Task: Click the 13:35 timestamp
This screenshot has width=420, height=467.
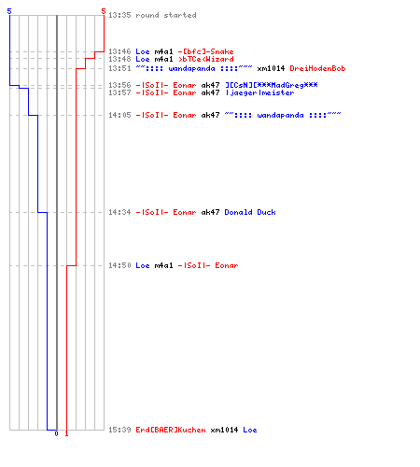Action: [x=119, y=15]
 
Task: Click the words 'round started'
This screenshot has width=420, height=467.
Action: [x=166, y=15]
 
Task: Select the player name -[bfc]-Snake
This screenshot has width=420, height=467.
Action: [x=205, y=51]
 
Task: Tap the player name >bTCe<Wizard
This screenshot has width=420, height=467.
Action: [x=205, y=59]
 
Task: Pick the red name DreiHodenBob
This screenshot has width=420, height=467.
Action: [x=317, y=68]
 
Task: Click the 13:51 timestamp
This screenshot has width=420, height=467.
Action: [x=119, y=68]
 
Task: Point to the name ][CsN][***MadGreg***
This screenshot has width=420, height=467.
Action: [x=272, y=85]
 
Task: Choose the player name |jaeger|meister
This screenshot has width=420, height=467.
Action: [x=259, y=92]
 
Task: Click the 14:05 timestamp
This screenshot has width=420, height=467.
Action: [x=119, y=115]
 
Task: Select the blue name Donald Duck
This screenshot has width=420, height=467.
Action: [x=250, y=212]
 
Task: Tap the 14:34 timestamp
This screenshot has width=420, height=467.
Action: [x=119, y=212]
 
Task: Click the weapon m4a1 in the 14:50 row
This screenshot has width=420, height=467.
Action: [x=163, y=265]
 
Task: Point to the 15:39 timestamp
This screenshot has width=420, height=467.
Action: [x=119, y=430]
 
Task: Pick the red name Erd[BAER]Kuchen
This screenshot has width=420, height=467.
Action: [x=171, y=430]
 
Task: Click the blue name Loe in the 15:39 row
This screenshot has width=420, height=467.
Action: [x=250, y=430]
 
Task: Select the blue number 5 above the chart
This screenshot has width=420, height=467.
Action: [x=9, y=11]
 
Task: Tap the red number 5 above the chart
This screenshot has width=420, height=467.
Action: [x=104, y=11]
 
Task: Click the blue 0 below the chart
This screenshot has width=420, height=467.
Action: [x=56, y=433]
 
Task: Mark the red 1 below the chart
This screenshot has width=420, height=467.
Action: [x=66, y=433]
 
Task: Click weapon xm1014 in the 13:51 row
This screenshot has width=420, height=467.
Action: [x=271, y=68]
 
